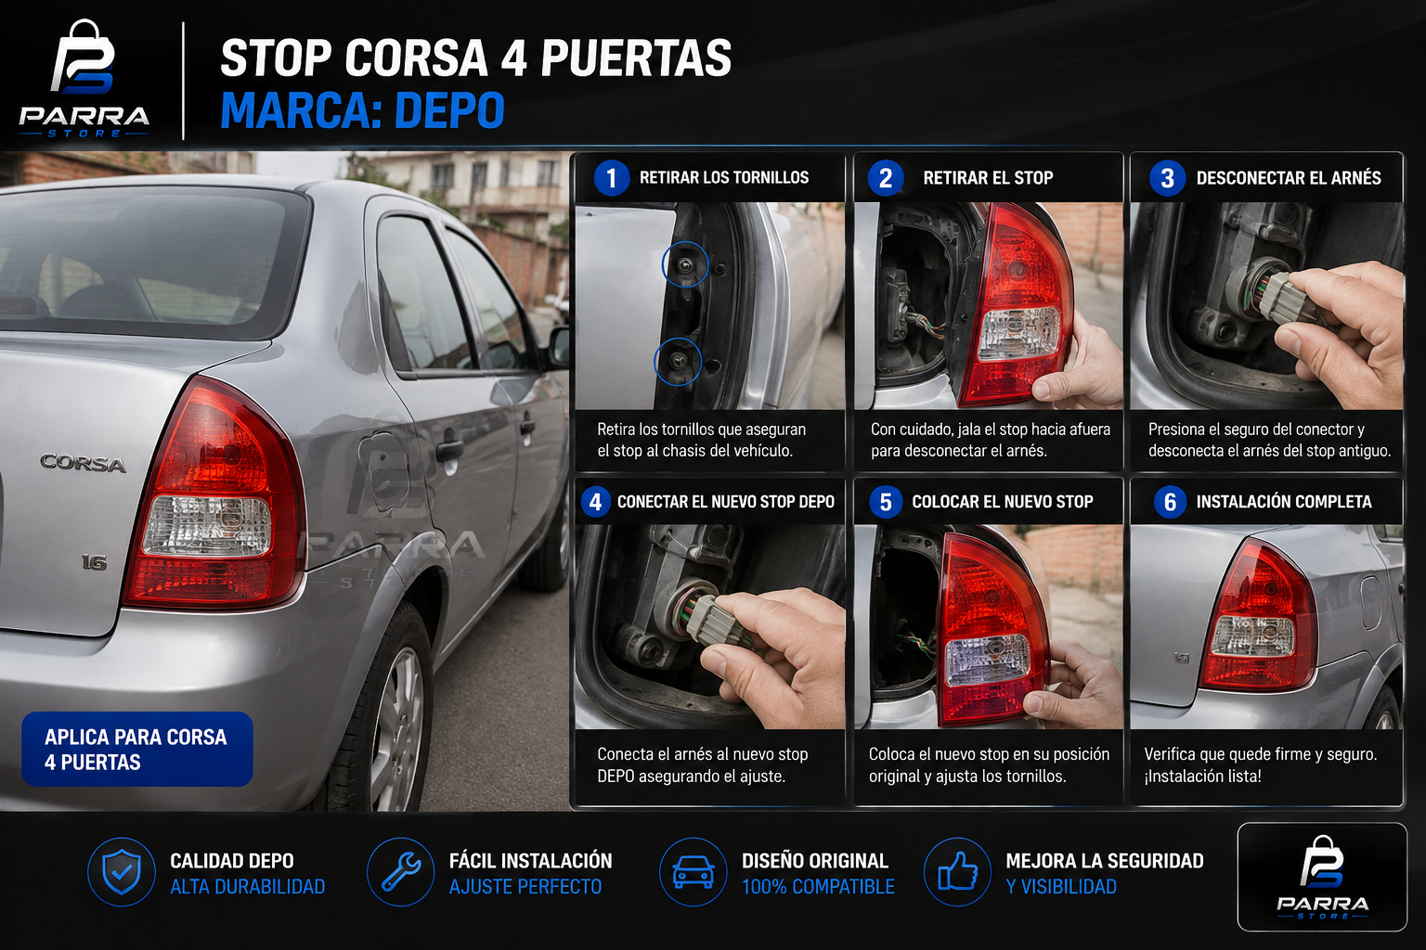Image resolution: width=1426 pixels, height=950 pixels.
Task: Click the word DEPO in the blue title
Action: pos(449,110)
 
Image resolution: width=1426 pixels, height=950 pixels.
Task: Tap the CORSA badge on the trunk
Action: pos(83,463)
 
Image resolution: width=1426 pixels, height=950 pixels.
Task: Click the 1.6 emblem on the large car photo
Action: pos(94,562)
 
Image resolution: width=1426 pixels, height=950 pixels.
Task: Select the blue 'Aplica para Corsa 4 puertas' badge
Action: pos(136,749)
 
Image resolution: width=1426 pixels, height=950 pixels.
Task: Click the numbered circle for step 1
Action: pos(611,178)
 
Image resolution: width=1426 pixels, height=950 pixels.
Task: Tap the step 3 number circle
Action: pos(1167,178)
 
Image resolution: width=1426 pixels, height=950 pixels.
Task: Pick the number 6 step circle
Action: pos(1170,502)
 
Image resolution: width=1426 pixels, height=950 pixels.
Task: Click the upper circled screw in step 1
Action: pos(685,264)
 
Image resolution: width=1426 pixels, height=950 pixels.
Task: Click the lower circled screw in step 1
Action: pos(678,362)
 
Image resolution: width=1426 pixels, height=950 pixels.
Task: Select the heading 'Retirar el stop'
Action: pos(988,177)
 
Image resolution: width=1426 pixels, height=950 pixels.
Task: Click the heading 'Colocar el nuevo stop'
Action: pos(1002,501)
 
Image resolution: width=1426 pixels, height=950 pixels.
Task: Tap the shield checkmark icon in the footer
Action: pos(122,872)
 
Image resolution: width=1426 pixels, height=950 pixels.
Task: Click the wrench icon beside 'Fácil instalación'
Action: pos(401,872)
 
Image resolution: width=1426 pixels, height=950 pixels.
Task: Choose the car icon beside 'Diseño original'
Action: pos(694,872)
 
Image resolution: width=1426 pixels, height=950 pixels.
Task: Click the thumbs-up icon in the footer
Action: pos(958,872)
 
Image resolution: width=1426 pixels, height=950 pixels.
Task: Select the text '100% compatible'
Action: pos(818,886)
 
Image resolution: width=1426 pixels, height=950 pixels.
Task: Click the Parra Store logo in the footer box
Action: pos(1322,877)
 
